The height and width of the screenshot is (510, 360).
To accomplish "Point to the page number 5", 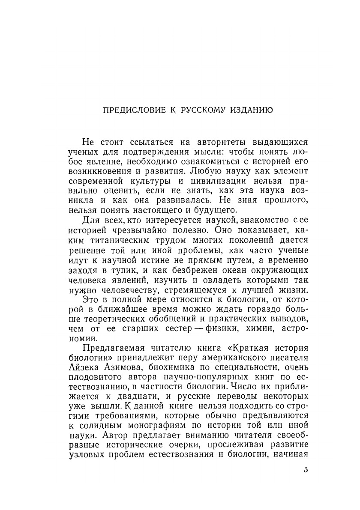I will (306, 470).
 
